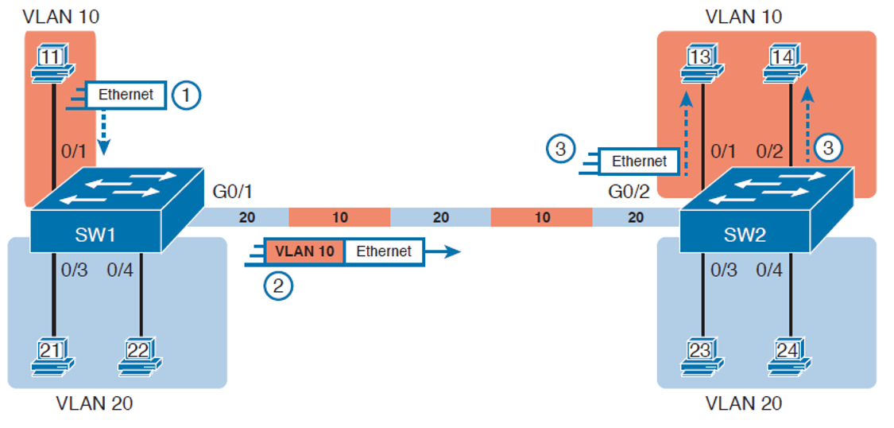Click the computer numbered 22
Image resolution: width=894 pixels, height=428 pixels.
(x=140, y=356)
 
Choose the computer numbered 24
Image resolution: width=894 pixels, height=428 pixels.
(x=790, y=356)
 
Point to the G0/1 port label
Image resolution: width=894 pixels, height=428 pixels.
(x=231, y=193)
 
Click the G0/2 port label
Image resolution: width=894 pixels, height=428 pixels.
(x=629, y=193)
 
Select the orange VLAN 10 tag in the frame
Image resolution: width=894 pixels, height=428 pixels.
(x=304, y=251)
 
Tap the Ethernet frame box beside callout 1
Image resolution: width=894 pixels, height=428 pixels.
(x=126, y=95)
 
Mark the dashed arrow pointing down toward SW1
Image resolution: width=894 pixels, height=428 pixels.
(x=103, y=132)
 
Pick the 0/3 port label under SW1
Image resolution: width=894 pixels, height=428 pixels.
(x=74, y=270)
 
